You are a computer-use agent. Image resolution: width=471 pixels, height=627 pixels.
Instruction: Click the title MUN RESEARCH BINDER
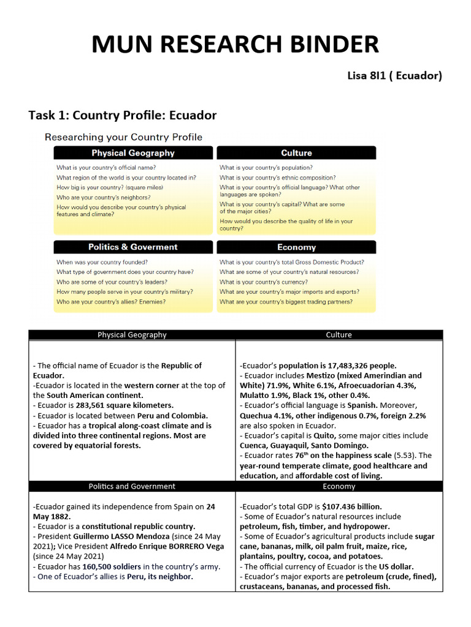click(235, 45)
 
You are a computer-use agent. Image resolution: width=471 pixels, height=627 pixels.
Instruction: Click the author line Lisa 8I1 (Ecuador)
click(394, 76)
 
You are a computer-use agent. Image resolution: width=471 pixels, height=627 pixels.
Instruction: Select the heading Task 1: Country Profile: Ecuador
click(123, 115)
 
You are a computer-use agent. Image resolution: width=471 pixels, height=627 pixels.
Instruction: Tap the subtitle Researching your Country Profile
click(123, 137)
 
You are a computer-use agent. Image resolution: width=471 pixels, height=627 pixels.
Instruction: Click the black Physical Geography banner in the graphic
click(133, 153)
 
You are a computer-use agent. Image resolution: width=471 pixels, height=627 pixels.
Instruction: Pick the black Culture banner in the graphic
click(296, 153)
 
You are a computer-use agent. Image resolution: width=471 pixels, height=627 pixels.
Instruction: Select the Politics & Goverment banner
click(133, 247)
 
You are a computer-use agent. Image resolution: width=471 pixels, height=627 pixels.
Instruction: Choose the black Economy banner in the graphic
click(296, 247)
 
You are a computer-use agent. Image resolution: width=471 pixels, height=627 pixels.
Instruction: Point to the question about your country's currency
click(264, 282)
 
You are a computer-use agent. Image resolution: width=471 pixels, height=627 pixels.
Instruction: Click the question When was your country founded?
click(102, 262)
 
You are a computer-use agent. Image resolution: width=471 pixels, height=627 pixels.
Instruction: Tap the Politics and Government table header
click(132, 486)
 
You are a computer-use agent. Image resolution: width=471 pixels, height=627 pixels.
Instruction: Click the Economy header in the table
click(339, 486)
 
